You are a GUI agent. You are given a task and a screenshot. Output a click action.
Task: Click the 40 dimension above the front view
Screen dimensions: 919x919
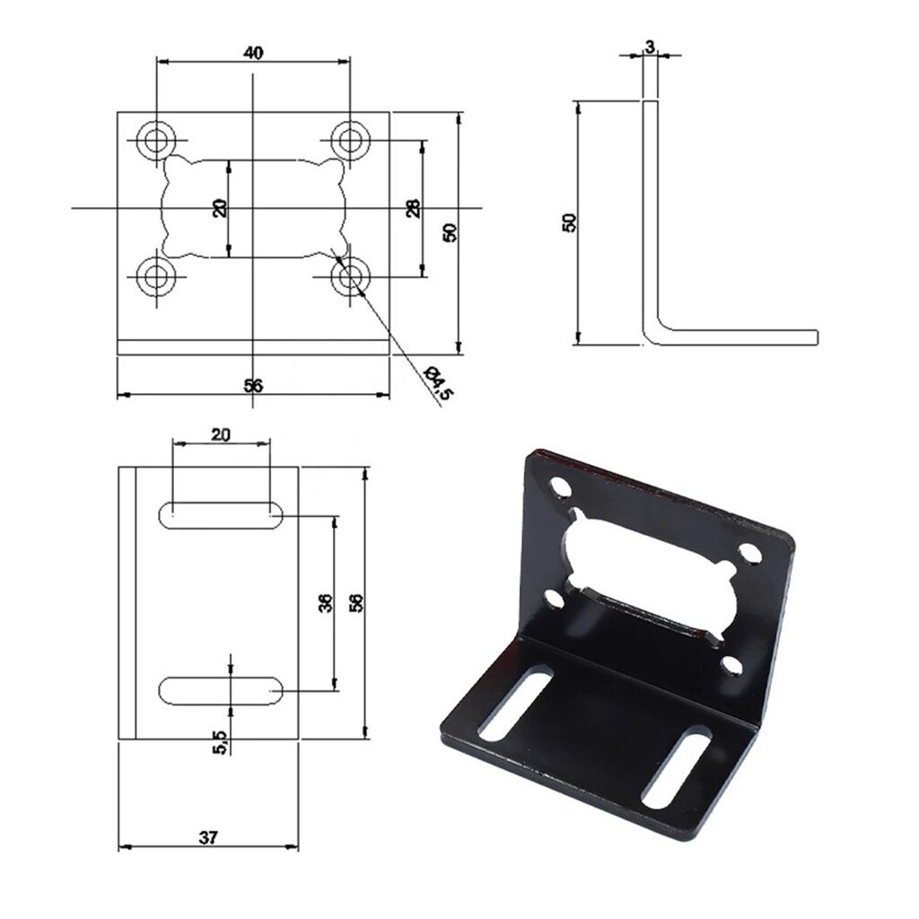[x=252, y=52]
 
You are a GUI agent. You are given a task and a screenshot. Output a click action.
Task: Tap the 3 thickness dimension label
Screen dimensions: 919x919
[x=650, y=47]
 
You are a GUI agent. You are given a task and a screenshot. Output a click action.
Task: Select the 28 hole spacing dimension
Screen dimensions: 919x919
[x=413, y=208]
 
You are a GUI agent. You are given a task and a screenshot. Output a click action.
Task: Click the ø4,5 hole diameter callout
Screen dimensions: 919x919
[x=440, y=383]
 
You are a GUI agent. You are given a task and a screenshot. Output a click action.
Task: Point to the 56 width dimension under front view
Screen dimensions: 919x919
[x=253, y=385]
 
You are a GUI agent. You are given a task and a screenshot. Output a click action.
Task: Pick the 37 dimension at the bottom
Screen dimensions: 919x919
[x=208, y=837]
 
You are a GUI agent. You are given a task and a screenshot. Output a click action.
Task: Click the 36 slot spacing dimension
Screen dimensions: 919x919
[x=325, y=603]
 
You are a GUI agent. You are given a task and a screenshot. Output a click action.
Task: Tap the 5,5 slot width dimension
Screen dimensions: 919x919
[x=220, y=742]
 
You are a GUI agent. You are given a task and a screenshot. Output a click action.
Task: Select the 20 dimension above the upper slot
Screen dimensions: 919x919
[x=221, y=434]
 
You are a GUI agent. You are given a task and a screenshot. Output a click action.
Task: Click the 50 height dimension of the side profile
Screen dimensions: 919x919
[x=568, y=223]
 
